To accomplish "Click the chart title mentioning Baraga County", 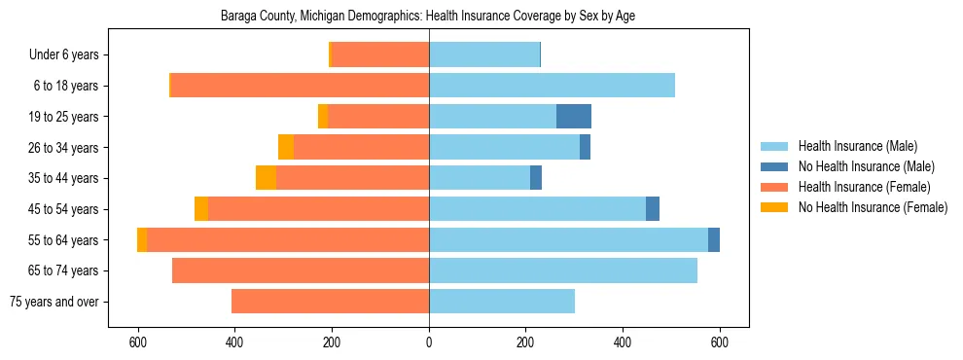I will [428, 17].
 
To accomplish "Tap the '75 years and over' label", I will [53, 302].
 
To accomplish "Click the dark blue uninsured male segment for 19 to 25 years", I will [574, 117].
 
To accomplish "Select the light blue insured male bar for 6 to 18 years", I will [552, 86].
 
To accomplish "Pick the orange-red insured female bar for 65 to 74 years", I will [301, 270].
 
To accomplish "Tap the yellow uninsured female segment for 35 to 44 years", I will [266, 178].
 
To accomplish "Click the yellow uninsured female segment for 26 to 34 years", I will [286, 147].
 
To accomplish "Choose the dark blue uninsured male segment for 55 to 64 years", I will [714, 239].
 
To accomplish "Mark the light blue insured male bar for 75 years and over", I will [502, 302].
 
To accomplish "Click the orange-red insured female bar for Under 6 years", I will [380, 54].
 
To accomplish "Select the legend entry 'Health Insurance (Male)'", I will [857, 146].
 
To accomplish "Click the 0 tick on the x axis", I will [429, 342].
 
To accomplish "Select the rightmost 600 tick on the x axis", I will [720, 342].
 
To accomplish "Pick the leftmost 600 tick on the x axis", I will [138, 342].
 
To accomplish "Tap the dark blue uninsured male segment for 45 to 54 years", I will [653, 209].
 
